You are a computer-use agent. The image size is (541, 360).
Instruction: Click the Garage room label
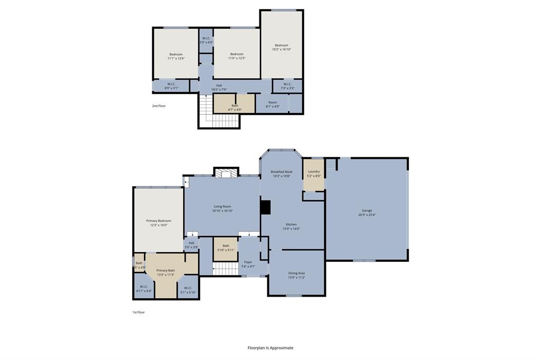[x=366, y=211]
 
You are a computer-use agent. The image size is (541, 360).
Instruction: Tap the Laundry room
[x=314, y=174]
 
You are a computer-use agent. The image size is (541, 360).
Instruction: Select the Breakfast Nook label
[x=281, y=172]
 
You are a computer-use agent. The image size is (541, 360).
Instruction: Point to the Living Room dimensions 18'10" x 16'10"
[x=222, y=211]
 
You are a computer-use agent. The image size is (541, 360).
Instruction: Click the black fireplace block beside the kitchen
[x=265, y=207]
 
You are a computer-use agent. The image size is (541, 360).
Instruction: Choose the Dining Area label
[x=296, y=273]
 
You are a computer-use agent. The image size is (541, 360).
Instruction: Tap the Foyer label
[x=248, y=262]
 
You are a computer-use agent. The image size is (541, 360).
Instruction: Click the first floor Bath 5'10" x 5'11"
[x=226, y=248]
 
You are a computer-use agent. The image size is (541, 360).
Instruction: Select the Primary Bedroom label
[x=158, y=221]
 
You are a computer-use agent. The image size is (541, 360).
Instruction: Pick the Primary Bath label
[x=165, y=270]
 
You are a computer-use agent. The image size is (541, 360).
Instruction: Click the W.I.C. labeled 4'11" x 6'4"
[x=143, y=289]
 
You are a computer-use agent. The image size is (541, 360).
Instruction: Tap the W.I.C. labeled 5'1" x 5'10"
[x=188, y=290]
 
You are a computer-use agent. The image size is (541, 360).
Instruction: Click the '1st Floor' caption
[x=138, y=312]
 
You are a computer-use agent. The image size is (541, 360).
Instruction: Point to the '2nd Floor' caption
[x=158, y=106]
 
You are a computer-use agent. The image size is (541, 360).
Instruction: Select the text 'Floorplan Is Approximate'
[x=270, y=348]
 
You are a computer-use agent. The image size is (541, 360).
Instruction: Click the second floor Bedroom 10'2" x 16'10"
[x=282, y=47]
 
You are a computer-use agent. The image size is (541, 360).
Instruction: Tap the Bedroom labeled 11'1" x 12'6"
[x=176, y=56]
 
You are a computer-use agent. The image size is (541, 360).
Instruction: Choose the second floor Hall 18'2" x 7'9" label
[x=219, y=87]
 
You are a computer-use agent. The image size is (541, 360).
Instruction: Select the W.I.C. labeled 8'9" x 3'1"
[x=171, y=86]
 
